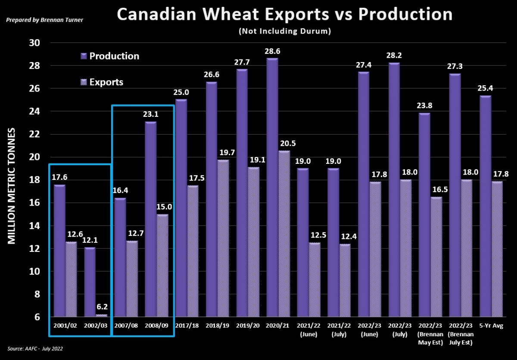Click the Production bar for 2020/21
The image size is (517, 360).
[272, 187]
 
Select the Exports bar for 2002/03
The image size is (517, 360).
[102, 316]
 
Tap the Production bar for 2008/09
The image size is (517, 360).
[150, 219]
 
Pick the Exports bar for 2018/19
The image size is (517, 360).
[223, 238]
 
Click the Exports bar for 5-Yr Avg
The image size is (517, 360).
[497, 249]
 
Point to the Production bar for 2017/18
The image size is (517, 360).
[181, 208]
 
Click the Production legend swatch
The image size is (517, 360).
[84, 56]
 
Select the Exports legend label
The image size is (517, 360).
[106, 82]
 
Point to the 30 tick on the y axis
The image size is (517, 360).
[34, 43]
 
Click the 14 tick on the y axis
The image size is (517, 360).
[34, 226]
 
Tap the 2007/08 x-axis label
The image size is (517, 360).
[126, 326]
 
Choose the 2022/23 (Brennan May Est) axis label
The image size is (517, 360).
[430, 334]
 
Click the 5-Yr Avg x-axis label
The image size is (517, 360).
[491, 326]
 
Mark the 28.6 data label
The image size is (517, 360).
[272, 51]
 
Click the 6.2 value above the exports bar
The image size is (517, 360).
[102, 307]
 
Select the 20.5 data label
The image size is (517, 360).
[288, 144]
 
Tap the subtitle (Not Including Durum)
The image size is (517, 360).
[285, 31]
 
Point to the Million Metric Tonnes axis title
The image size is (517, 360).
[12, 186]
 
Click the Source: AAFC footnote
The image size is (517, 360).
[35, 349]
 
